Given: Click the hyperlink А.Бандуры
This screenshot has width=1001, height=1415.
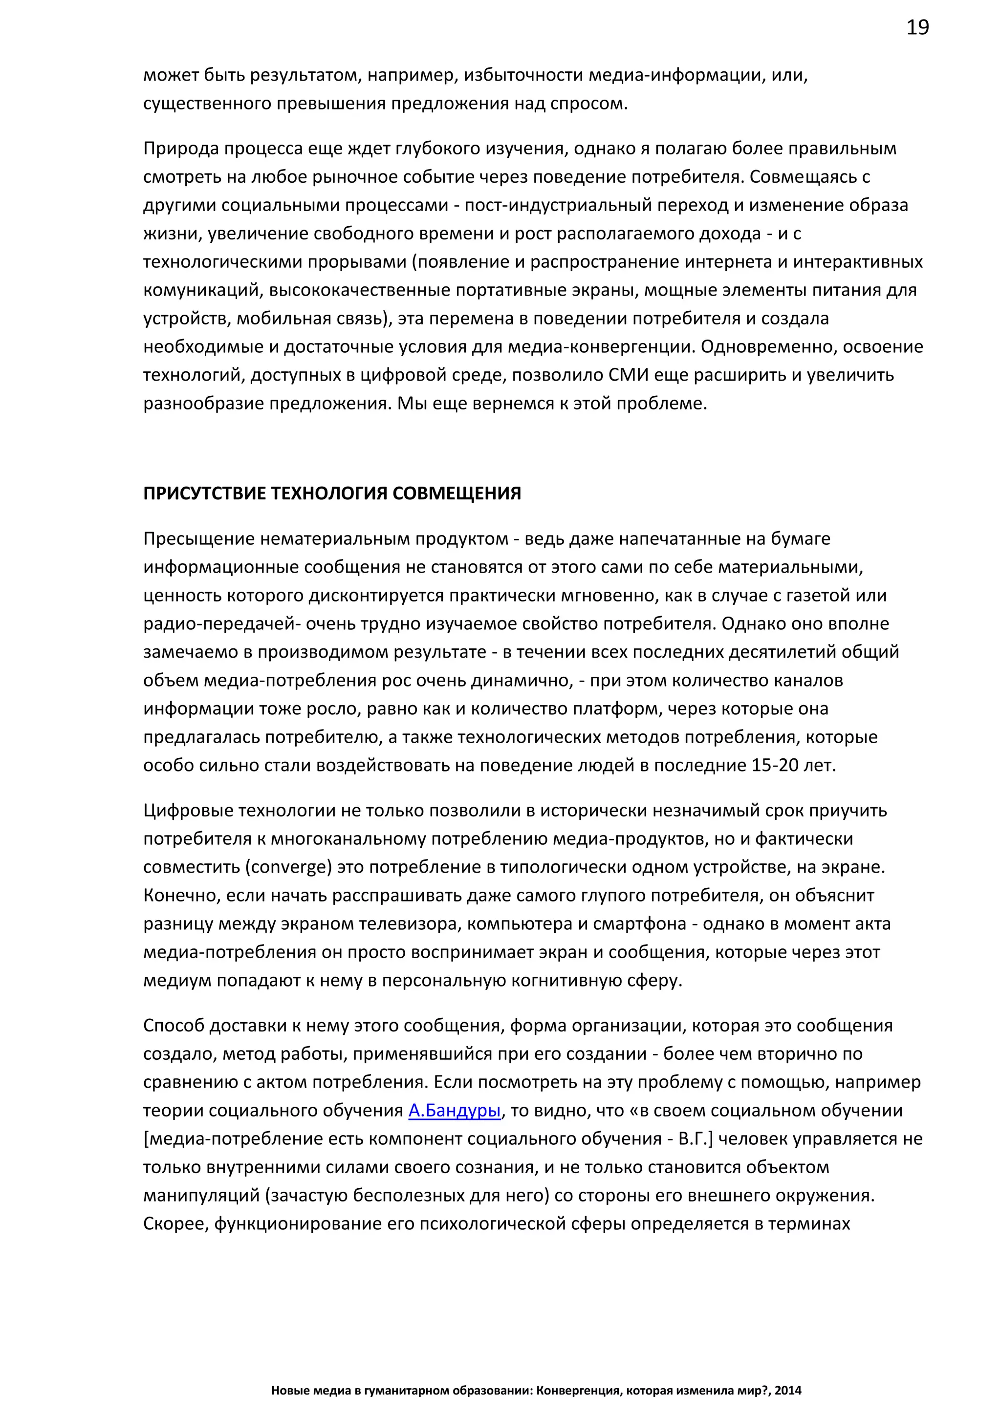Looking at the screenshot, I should pyautogui.click(x=454, y=1110).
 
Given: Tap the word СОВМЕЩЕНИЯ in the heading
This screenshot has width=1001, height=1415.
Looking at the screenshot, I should pyautogui.click(x=456, y=493).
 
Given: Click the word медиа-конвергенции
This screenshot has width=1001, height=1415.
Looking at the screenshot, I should pyautogui.click(x=601, y=346).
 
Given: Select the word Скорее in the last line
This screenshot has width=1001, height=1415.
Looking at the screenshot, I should pyautogui.click(x=175, y=1223).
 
